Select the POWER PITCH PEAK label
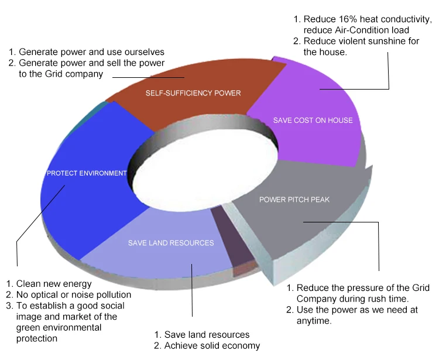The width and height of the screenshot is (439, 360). coord(294,200)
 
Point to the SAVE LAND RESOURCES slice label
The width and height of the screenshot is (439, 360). coord(171,243)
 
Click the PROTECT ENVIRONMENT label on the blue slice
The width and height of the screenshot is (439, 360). coord(87,173)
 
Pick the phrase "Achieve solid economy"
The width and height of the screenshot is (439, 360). coord(212,346)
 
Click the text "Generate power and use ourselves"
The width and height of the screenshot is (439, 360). coord(91,52)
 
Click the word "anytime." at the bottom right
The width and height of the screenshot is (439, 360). coord(314,321)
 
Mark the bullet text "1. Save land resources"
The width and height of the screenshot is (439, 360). coord(202,335)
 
